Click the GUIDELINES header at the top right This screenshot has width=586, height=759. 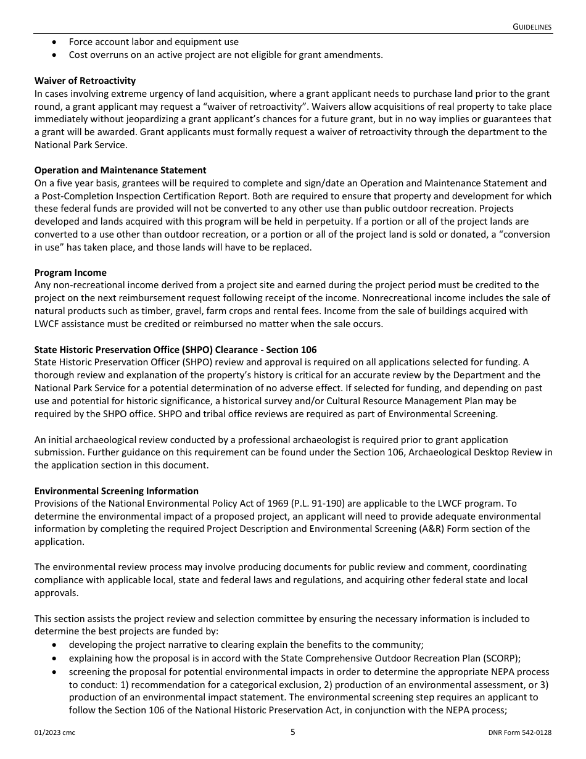point(532,27)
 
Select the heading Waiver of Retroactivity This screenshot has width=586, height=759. point(85,81)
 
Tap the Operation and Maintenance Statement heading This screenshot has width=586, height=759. point(120,170)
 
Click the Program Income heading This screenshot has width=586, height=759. point(70,272)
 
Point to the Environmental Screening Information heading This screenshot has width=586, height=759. point(117,491)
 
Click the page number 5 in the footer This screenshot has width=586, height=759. point(293,732)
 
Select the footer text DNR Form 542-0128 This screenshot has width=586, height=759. point(519,733)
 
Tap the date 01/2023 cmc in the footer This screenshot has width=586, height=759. point(55,733)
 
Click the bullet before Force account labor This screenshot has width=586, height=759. point(56,42)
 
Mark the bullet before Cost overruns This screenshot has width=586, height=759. point(56,55)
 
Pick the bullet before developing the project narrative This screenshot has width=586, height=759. point(56,644)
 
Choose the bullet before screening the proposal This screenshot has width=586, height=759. point(56,671)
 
